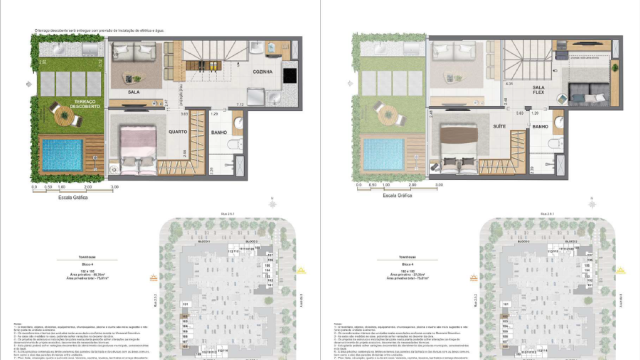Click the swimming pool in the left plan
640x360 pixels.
click(62, 154)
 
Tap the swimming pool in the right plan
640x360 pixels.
click(382, 154)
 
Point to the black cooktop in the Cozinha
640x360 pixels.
click(289, 75)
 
